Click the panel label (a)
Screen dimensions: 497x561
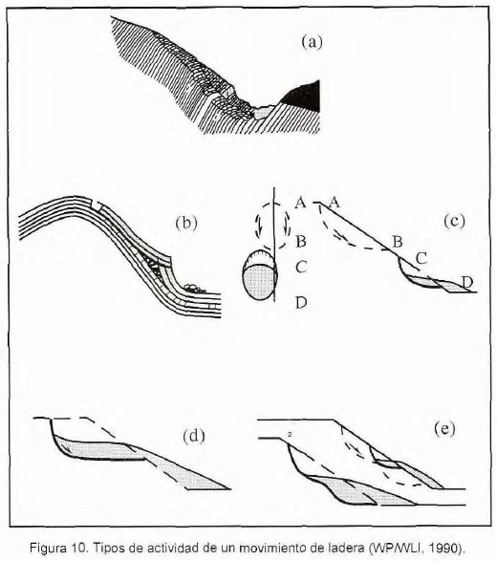coord(312,42)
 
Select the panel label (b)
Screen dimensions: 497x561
coord(186,223)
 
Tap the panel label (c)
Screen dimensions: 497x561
coord(454,221)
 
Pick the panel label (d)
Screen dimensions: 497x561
coord(194,436)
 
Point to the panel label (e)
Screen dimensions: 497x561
coord(444,428)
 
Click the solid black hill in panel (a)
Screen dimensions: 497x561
coord(301,95)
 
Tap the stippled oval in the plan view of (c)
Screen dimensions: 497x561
coord(259,281)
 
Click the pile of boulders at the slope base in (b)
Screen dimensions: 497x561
coord(194,289)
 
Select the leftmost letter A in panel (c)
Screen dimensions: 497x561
coord(300,204)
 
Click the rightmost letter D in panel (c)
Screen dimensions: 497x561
coord(467,282)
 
